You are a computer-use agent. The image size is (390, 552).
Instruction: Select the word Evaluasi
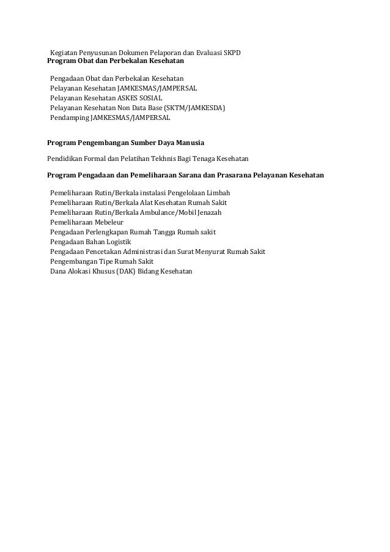click(x=202, y=53)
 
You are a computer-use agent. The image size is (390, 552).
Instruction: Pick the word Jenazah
click(x=208, y=212)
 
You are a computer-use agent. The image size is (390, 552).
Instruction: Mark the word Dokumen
click(x=130, y=53)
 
